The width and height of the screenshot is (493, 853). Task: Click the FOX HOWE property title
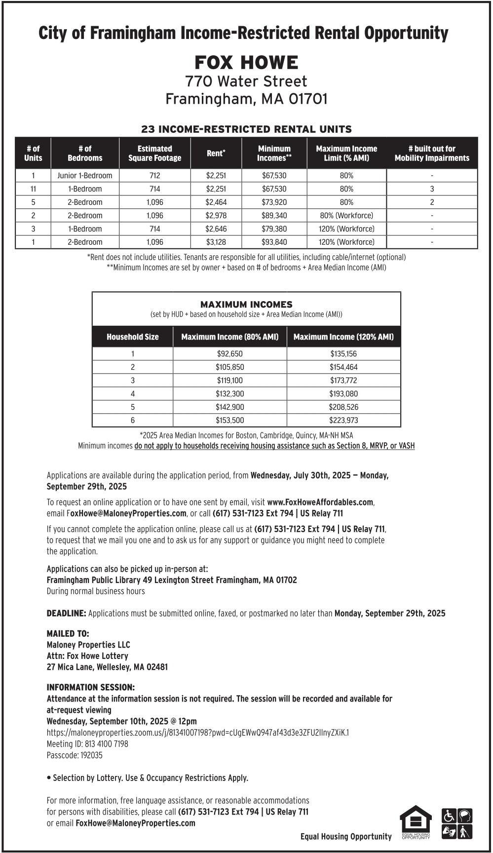(246, 63)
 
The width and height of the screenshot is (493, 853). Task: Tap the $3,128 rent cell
(216, 242)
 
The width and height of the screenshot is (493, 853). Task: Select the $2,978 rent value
(216, 216)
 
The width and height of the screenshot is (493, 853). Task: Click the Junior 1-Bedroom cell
(85, 176)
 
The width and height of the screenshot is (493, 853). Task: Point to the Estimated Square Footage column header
(154, 154)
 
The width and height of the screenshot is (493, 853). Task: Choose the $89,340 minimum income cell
(274, 216)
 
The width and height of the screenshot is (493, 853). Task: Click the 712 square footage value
(154, 176)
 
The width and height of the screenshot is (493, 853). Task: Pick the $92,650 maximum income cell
(229, 354)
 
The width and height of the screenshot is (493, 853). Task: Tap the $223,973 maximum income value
(343, 421)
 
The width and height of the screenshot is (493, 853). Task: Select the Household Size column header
(132, 337)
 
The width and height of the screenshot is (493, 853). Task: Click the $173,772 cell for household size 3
(343, 381)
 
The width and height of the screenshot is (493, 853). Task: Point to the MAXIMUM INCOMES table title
(246, 305)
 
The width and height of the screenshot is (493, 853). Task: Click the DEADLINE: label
(66, 614)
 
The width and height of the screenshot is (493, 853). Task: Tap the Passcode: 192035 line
(75, 755)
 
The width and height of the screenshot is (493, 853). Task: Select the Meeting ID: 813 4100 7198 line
(87, 744)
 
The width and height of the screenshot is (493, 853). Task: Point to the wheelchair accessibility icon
(449, 816)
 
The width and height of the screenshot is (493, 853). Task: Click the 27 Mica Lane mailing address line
(107, 667)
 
